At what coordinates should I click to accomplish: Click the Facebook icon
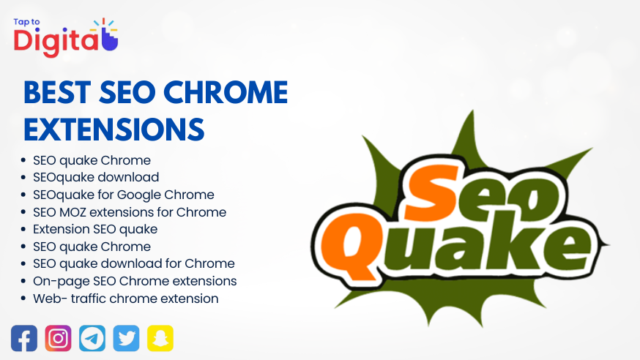[24, 338]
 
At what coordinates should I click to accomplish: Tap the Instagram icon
[59, 338]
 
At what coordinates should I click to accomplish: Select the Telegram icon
[92, 338]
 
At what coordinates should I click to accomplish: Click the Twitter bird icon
[127, 338]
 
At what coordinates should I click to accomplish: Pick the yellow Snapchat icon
[160, 338]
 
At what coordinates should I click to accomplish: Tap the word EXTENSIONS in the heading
[114, 129]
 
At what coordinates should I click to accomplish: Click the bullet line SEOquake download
[96, 177]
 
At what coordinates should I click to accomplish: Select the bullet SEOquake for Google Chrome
[124, 195]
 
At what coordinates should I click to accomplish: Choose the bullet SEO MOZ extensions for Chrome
[130, 212]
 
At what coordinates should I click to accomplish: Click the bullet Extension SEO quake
[95, 229]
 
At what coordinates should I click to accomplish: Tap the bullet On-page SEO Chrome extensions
[135, 281]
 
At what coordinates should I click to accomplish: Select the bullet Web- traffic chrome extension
[126, 299]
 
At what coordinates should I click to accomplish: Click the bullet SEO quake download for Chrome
[134, 263]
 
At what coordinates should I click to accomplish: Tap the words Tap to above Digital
[27, 21]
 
